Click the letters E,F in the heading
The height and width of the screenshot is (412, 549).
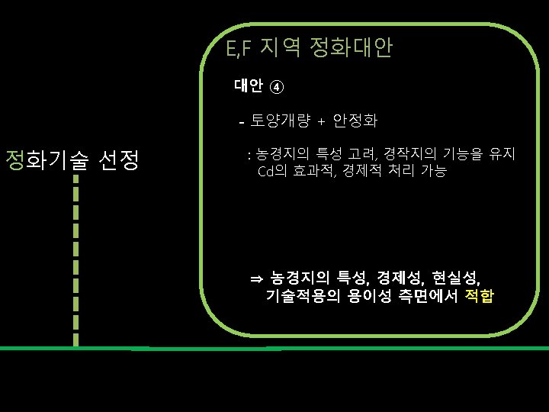[239, 50]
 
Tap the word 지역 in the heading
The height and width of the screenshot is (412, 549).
[281, 49]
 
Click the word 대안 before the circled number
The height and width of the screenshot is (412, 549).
[249, 85]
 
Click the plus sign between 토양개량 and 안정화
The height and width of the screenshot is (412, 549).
[321, 121]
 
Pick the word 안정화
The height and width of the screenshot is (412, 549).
[355, 121]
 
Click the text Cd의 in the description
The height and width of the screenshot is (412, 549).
[271, 171]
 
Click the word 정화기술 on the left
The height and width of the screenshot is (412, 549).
[48, 160]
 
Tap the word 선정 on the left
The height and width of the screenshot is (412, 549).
[118, 160]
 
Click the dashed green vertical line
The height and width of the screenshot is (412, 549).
[76, 259]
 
